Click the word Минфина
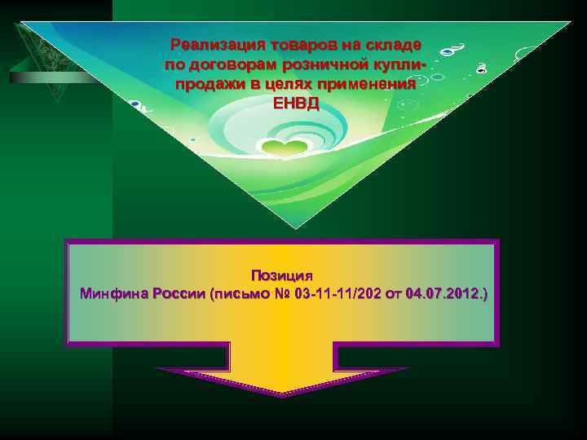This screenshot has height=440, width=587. point(113,293)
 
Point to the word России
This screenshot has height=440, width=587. point(179,293)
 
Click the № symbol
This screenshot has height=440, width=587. point(284,293)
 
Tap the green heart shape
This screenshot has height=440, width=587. point(282,149)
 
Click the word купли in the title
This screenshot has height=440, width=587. point(408,64)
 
